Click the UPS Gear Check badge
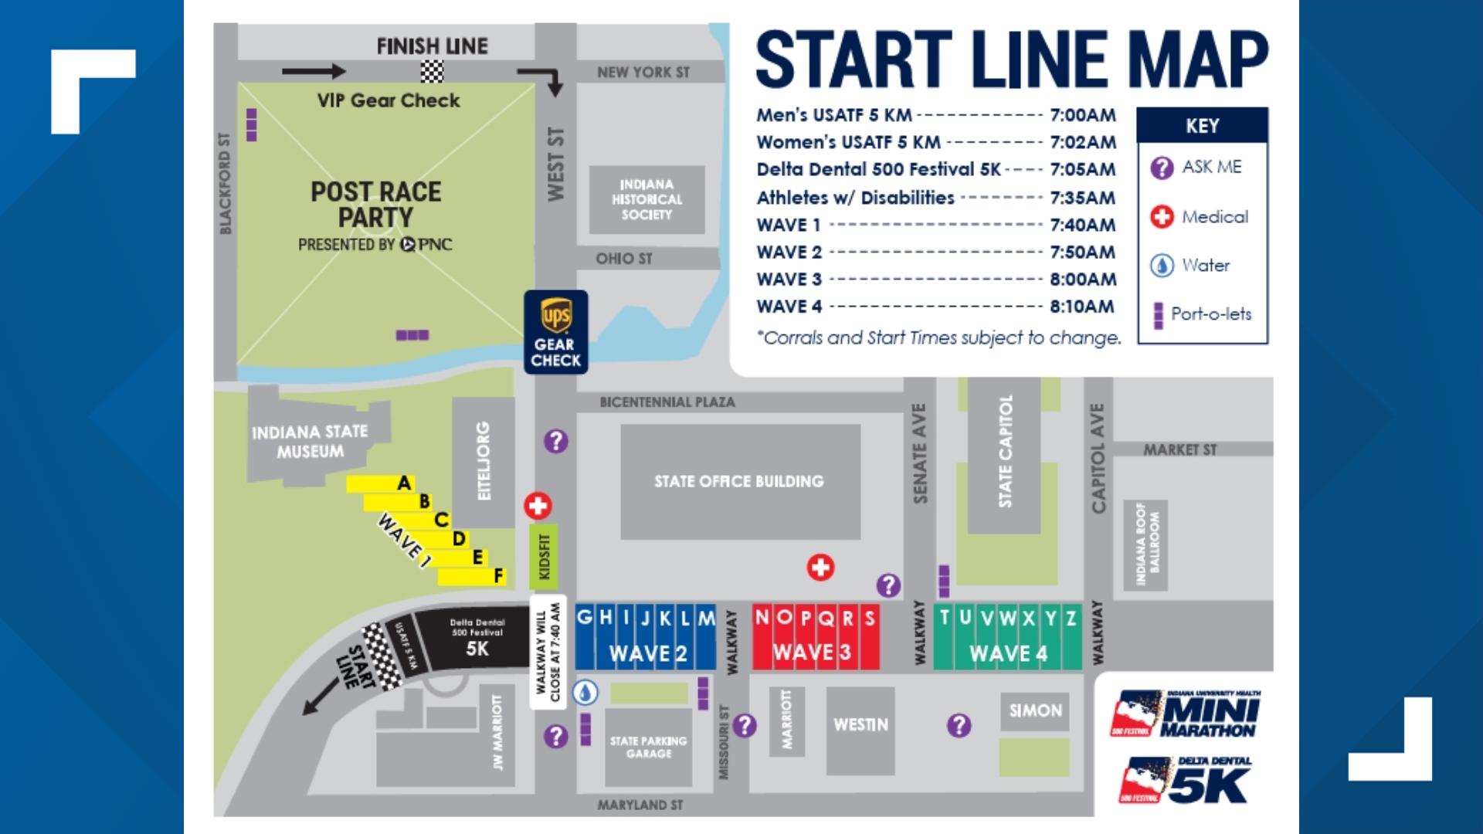pyautogui.click(x=555, y=332)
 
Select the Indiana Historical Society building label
pyautogui.click(x=646, y=199)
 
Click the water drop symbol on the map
pyautogui.click(x=585, y=693)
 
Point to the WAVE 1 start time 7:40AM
pyautogui.click(x=1082, y=225)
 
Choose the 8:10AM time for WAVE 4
pyautogui.click(x=1082, y=307)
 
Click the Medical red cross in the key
pyautogui.click(x=1162, y=217)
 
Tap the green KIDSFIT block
pyautogui.click(x=544, y=556)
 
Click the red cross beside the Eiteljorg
pyautogui.click(x=538, y=507)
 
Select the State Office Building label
pyautogui.click(x=739, y=481)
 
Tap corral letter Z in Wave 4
pyautogui.click(x=1071, y=619)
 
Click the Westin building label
pyautogui.click(x=860, y=724)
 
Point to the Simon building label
pyautogui.click(x=1035, y=710)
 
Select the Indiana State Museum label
pyautogui.click(x=310, y=442)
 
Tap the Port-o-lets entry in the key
pyautogui.click(x=1210, y=314)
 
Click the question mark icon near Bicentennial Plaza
pyautogui.click(x=555, y=441)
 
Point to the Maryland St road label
pyautogui.click(x=640, y=805)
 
